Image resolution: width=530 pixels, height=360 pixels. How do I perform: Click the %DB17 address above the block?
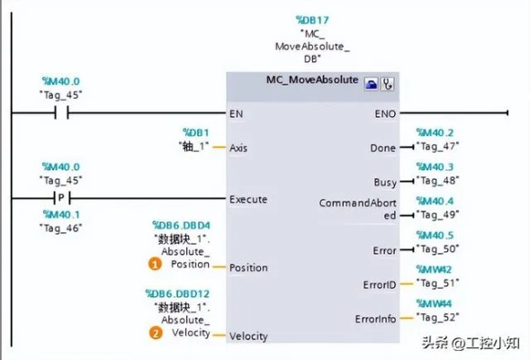tap(312, 21)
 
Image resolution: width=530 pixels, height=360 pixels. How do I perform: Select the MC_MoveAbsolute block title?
tap(312, 80)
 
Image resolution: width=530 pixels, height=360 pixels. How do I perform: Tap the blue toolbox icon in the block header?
tap(371, 84)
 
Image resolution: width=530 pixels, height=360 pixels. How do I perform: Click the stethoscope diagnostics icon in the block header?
tap(387, 84)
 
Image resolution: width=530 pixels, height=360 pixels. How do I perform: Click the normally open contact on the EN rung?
tap(61, 112)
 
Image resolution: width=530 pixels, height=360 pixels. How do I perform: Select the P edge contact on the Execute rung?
tap(61, 198)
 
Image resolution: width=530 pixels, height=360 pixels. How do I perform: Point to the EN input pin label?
tap(237, 114)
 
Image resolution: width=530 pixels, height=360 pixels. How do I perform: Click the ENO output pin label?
tap(385, 114)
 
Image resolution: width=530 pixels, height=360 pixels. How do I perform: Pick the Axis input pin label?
tap(238, 148)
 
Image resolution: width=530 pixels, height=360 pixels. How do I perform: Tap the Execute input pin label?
tap(248, 200)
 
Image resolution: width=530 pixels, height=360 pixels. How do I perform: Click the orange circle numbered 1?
tap(155, 264)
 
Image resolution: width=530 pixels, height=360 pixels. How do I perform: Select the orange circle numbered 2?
tap(156, 333)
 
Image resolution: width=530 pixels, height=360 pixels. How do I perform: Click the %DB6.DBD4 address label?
tap(181, 225)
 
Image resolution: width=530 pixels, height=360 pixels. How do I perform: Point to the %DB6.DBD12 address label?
tap(177, 293)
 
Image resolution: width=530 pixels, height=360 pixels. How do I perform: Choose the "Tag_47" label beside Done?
tap(437, 147)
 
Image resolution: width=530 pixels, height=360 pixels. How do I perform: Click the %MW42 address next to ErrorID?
tap(434, 269)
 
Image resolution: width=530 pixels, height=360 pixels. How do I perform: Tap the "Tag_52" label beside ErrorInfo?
tap(437, 318)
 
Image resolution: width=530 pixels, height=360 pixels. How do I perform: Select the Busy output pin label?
tap(385, 183)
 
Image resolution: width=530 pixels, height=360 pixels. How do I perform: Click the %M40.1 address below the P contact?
tap(61, 214)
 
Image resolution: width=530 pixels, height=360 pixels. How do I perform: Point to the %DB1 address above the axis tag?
tap(196, 132)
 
